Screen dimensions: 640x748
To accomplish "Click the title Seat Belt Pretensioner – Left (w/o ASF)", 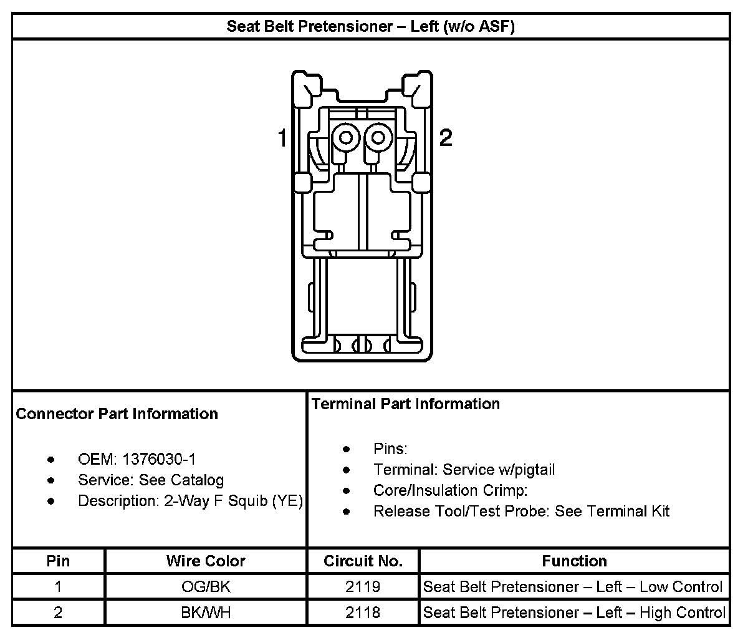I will pyautogui.click(x=370, y=27).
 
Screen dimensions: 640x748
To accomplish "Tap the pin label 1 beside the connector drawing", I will pyautogui.click(x=282, y=138).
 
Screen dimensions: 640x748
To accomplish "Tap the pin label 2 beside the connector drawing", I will pyautogui.click(x=445, y=137).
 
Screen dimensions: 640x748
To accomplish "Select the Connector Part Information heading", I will pyautogui.click(x=117, y=414).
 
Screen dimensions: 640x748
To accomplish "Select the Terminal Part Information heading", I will pyautogui.click(x=406, y=404).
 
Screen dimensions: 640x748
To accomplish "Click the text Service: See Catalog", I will pyautogui.click(x=150, y=480).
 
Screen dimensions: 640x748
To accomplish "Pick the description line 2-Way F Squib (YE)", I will pyautogui.click(x=190, y=501).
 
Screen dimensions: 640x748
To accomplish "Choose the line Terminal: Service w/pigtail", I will pyautogui.click(x=464, y=470).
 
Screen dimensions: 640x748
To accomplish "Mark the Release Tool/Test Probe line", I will pyautogui.click(x=521, y=512).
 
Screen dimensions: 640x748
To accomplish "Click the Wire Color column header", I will pyautogui.click(x=206, y=561).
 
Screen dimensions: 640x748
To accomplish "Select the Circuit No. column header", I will pyautogui.click(x=363, y=561).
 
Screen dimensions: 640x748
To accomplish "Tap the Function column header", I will pyautogui.click(x=574, y=561).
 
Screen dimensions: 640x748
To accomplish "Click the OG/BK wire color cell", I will pyautogui.click(x=206, y=587).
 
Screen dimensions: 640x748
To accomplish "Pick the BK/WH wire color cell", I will pyautogui.click(x=206, y=613).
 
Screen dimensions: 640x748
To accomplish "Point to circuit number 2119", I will pyautogui.click(x=363, y=587).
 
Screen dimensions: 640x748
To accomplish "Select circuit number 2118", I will pyautogui.click(x=363, y=613).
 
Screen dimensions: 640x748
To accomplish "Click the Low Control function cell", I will pyautogui.click(x=573, y=587).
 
